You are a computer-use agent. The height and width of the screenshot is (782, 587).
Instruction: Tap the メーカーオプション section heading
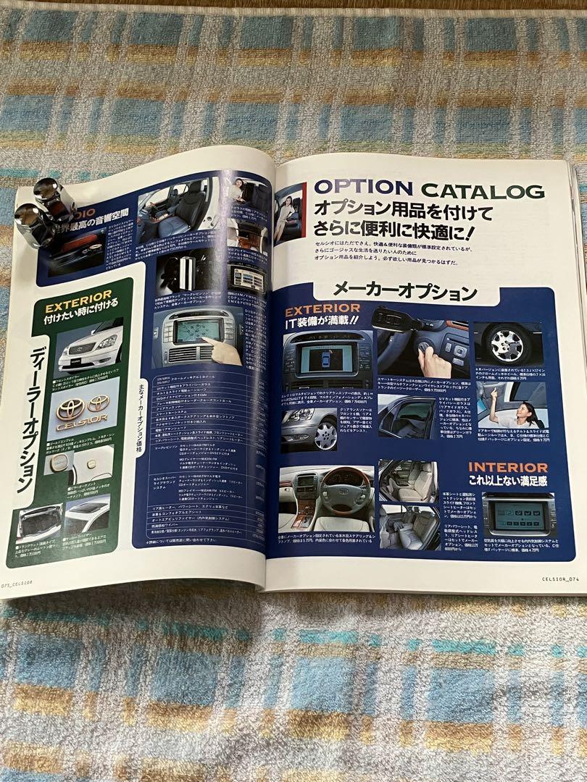(404, 291)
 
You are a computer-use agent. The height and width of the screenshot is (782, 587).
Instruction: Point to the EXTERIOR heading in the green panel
(78, 295)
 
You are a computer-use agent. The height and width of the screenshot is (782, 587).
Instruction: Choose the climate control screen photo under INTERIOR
(518, 516)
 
